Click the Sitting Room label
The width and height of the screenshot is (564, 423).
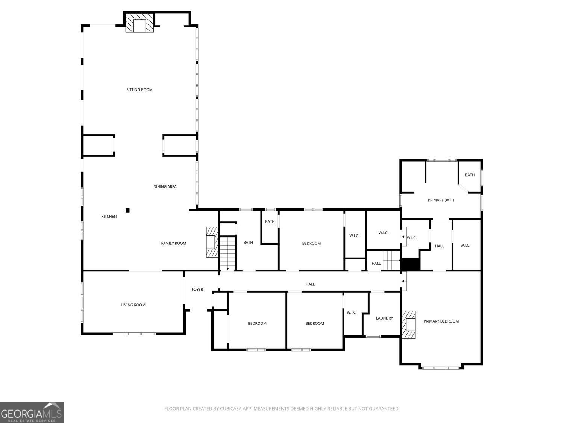pyautogui.click(x=139, y=89)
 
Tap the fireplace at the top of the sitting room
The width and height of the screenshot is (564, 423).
pyautogui.click(x=139, y=23)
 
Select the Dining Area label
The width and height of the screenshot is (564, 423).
pyautogui.click(x=165, y=186)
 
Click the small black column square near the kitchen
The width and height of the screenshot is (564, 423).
pyautogui.click(x=127, y=211)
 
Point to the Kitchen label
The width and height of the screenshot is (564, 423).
pyautogui.click(x=109, y=216)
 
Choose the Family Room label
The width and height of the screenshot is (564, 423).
pyautogui.click(x=173, y=243)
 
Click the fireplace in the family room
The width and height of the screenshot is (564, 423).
pyautogui.click(x=212, y=242)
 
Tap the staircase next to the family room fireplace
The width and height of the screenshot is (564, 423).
pyautogui.click(x=227, y=253)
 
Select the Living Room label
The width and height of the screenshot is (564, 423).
pyautogui.click(x=133, y=305)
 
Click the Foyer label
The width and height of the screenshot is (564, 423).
pyautogui.click(x=197, y=289)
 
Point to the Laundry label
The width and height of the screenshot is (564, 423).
pyautogui.click(x=384, y=318)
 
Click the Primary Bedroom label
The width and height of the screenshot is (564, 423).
pyautogui.click(x=441, y=321)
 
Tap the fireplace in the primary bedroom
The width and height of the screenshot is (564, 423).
pyautogui.click(x=409, y=324)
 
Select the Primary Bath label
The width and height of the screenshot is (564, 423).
pyautogui.click(x=441, y=200)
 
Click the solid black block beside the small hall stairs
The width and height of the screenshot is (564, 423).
pyautogui.click(x=410, y=264)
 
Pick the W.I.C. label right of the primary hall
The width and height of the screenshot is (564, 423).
pyautogui.click(x=465, y=245)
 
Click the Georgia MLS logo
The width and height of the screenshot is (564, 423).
pyautogui.click(x=32, y=412)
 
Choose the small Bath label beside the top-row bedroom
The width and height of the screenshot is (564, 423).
pyautogui.click(x=270, y=221)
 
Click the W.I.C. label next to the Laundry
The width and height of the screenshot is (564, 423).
pyautogui.click(x=352, y=312)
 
